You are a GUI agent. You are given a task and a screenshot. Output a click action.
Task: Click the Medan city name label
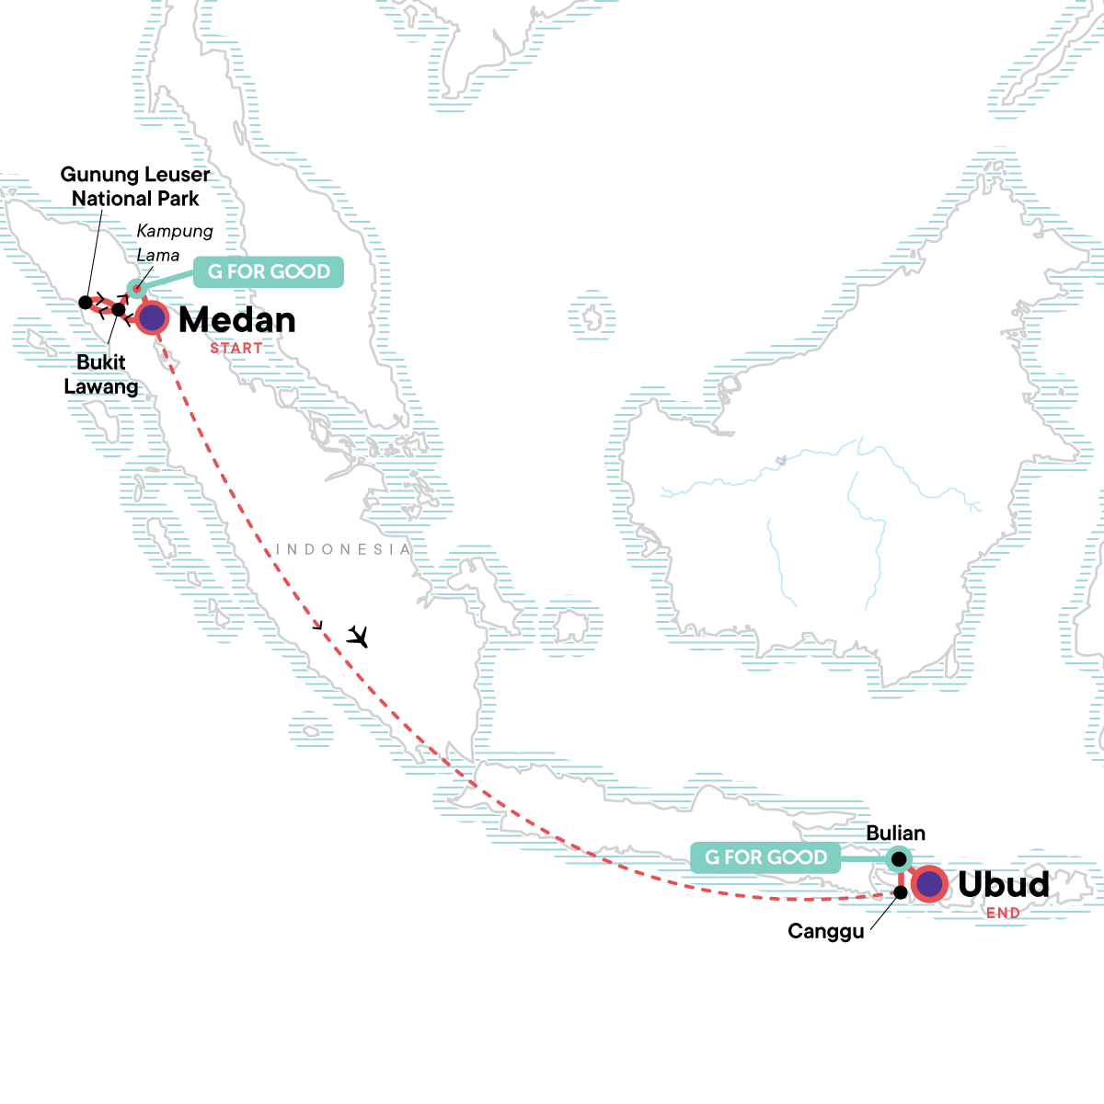click(237, 320)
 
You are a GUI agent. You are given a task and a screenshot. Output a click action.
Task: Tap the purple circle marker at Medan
click(153, 318)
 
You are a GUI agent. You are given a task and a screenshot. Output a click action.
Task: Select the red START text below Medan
click(236, 349)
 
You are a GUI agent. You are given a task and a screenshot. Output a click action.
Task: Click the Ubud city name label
click(1003, 884)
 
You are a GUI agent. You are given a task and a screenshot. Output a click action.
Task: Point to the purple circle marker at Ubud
click(930, 884)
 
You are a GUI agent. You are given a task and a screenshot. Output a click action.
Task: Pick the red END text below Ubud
click(1003, 914)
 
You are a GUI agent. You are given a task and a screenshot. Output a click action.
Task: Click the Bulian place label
click(895, 834)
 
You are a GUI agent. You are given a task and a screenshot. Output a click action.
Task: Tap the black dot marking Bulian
click(900, 859)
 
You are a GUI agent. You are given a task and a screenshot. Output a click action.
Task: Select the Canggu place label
click(825, 931)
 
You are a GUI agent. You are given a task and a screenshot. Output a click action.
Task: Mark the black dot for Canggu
click(902, 892)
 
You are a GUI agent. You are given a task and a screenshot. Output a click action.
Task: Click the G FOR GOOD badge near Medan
click(269, 272)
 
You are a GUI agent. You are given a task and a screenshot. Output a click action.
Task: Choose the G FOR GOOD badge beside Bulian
click(765, 857)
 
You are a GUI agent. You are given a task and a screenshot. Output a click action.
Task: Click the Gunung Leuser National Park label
click(135, 186)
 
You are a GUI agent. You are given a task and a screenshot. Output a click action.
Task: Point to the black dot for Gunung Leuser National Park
click(86, 302)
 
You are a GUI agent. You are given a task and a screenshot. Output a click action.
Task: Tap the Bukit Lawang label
click(101, 374)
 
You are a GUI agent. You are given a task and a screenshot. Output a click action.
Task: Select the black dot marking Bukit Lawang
click(119, 309)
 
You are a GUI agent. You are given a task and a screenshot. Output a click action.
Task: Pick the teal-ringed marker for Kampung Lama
click(136, 289)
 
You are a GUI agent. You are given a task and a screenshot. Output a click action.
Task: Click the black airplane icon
click(358, 636)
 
